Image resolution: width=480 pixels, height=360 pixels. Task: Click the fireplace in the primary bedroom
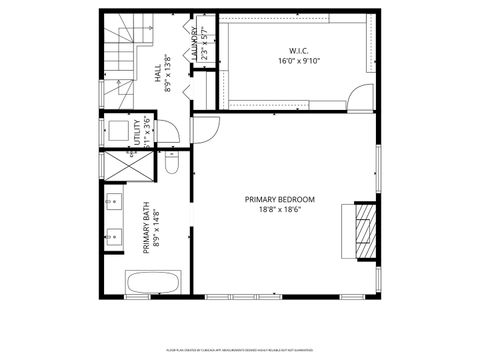[x=365, y=232]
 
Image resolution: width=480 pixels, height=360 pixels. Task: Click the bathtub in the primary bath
[x=152, y=283]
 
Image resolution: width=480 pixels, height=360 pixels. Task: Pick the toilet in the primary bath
[x=172, y=163]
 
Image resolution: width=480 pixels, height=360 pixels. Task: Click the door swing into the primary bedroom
[x=205, y=129]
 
